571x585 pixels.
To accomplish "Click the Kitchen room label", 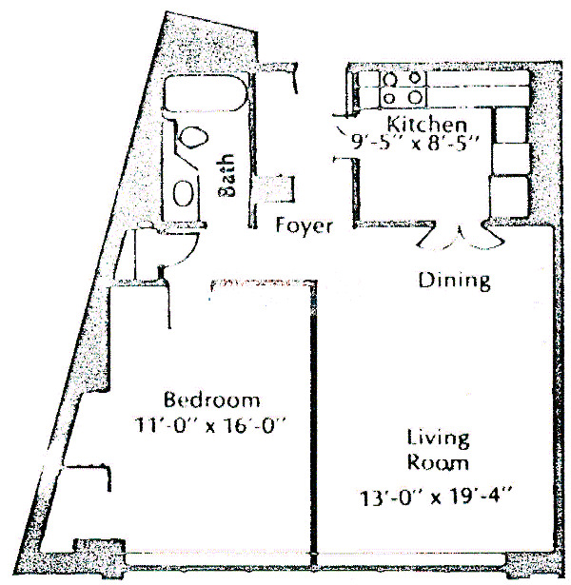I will click(x=425, y=125).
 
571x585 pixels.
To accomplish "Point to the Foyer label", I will click(x=305, y=226).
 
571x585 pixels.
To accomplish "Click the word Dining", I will click(x=455, y=281).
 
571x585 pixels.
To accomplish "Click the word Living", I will click(x=438, y=439).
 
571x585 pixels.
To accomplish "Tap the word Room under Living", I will click(x=438, y=463).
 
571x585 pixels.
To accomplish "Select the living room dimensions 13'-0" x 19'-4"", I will click(x=437, y=495).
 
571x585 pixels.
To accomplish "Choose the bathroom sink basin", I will click(x=185, y=192).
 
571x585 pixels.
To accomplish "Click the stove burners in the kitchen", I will click(x=403, y=88).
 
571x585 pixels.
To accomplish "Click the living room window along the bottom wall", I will click(x=433, y=556).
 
